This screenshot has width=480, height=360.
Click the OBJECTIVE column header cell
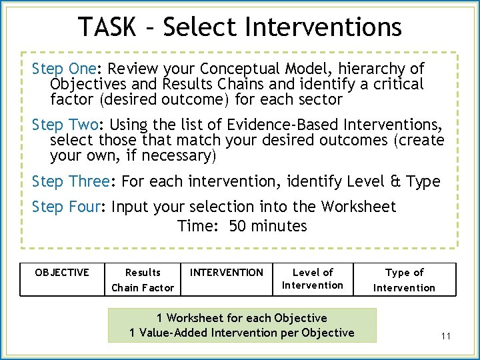[x=62, y=273]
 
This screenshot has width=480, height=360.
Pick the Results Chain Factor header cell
[x=143, y=280]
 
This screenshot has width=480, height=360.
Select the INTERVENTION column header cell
[x=227, y=273]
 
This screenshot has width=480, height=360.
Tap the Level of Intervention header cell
[x=313, y=279]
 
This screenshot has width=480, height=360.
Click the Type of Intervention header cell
[x=404, y=280]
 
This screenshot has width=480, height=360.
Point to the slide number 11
[x=446, y=336]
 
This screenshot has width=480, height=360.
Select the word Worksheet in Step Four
[x=360, y=207]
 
